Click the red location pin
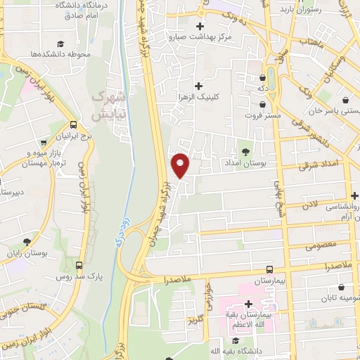180,165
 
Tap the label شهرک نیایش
110,103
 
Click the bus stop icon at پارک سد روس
79,266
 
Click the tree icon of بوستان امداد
245,151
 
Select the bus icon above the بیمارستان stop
269,269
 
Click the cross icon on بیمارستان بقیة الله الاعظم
249,304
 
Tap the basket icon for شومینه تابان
342,287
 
